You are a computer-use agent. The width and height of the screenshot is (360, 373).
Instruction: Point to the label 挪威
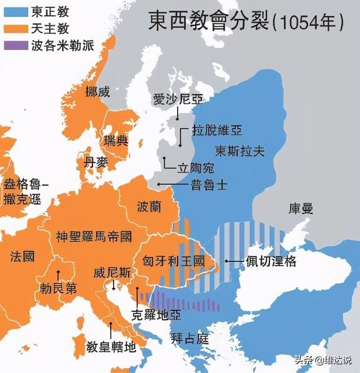point(97,92)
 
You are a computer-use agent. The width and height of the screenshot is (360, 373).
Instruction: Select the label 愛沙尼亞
point(177,100)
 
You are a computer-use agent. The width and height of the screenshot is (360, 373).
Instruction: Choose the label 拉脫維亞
point(216,130)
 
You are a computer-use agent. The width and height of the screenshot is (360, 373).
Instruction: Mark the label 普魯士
point(209,185)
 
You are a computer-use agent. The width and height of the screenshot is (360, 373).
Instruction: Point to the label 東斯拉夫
point(240,151)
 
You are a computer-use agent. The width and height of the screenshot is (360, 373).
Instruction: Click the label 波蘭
point(148,207)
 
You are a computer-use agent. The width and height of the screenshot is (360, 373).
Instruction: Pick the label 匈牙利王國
point(174,262)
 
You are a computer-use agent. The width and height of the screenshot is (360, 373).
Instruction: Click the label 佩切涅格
point(270,261)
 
